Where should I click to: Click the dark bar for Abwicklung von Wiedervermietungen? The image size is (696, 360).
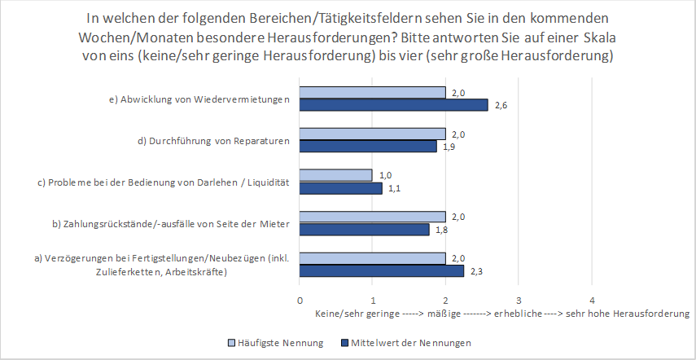coord(393,104)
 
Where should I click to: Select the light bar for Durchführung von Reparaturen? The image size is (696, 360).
coord(372,134)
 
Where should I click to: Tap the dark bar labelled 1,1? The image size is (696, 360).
coord(340,188)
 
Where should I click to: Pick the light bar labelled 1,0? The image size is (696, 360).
coord(335,175)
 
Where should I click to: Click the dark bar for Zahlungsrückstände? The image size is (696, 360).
coord(365,230)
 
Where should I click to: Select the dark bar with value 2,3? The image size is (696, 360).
coord(381,271)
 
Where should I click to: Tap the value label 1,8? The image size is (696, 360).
coord(440,230)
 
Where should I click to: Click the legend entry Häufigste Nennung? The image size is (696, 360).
coord(278,343)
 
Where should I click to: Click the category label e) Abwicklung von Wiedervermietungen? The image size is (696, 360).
coord(199,99)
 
